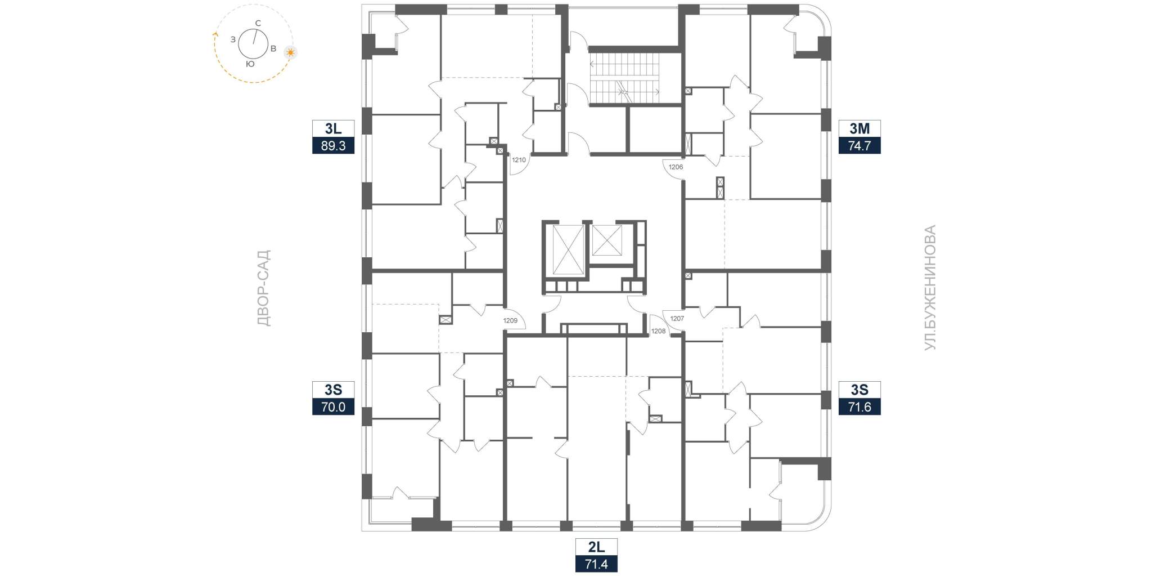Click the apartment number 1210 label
coord(519,160)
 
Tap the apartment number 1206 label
coord(676,167)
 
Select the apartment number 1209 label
coord(510,320)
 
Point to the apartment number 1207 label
coord(677,318)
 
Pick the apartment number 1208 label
coord(658,331)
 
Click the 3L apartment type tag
coord(334,128)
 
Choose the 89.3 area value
coord(334,146)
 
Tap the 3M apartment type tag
coord(859,128)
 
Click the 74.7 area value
coord(859,146)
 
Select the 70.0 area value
coord(334,407)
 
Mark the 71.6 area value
coord(859,407)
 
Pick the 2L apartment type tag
coord(596,547)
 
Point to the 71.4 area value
coord(596,564)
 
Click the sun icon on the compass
coord(290,52)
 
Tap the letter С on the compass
coord(258,23)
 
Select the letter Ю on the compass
coord(250,64)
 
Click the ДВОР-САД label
coord(263,288)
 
